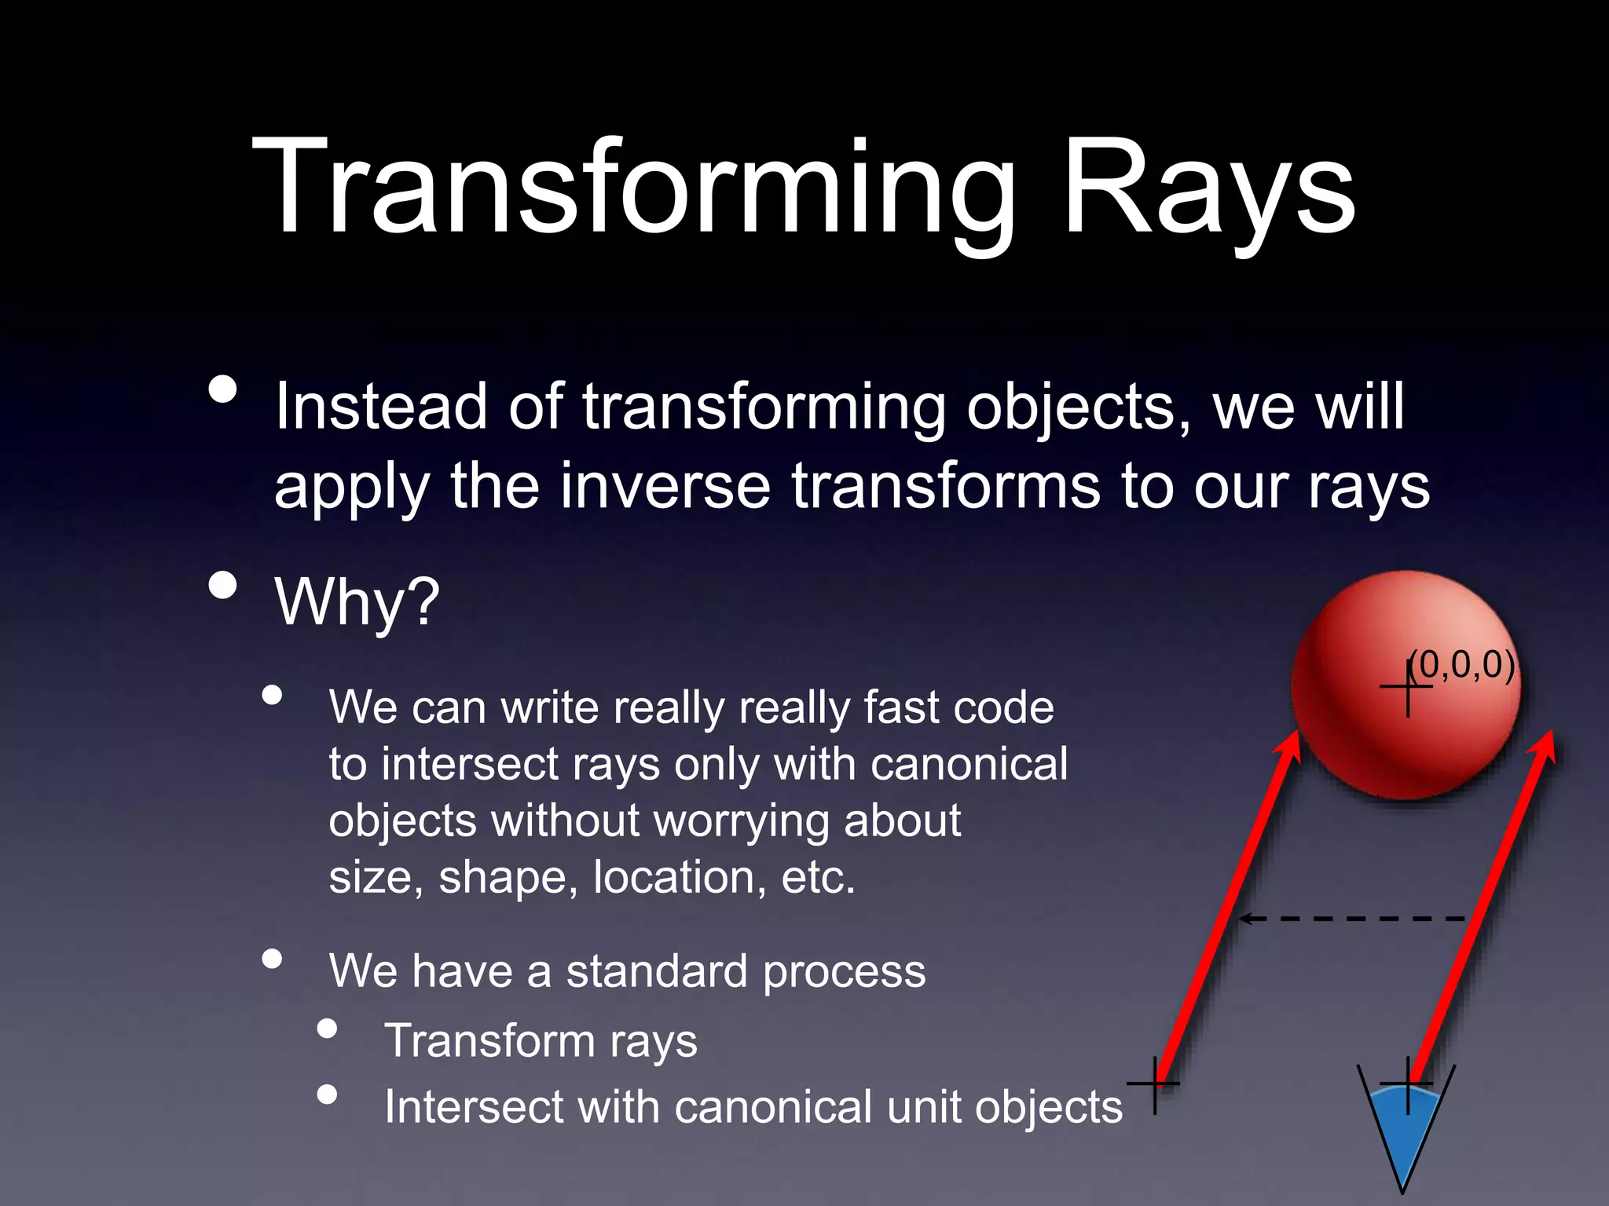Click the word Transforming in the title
tap(633, 188)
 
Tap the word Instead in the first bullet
tap(380, 407)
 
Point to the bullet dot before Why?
tap(223, 585)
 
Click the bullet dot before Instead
tap(223, 389)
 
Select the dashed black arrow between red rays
tap(1351, 918)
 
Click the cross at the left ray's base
tap(1154, 1084)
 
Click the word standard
tap(657, 972)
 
